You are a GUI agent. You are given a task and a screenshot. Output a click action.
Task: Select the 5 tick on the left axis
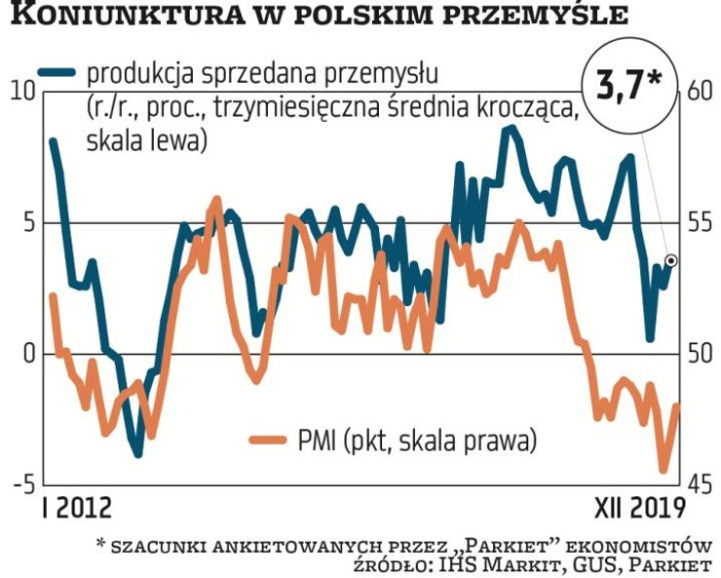tap(26, 222)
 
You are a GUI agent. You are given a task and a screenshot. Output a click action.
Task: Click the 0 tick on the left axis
tap(26, 353)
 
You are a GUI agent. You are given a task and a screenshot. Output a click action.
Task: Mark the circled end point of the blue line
tap(671, 260)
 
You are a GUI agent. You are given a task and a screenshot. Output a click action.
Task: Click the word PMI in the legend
tap(320, 441)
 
